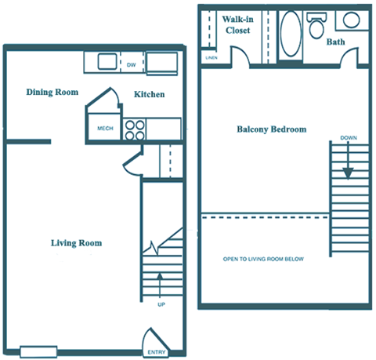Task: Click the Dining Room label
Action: (52, 92)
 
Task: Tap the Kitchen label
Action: (149, 94)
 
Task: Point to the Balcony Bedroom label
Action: (271, 129)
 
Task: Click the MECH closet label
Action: (103, 128)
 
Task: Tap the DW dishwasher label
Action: (131, 65)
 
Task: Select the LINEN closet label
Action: (211, 58)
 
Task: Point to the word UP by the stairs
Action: (161, 304)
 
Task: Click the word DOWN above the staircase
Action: (349, 139)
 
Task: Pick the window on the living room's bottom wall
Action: (39, 351)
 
